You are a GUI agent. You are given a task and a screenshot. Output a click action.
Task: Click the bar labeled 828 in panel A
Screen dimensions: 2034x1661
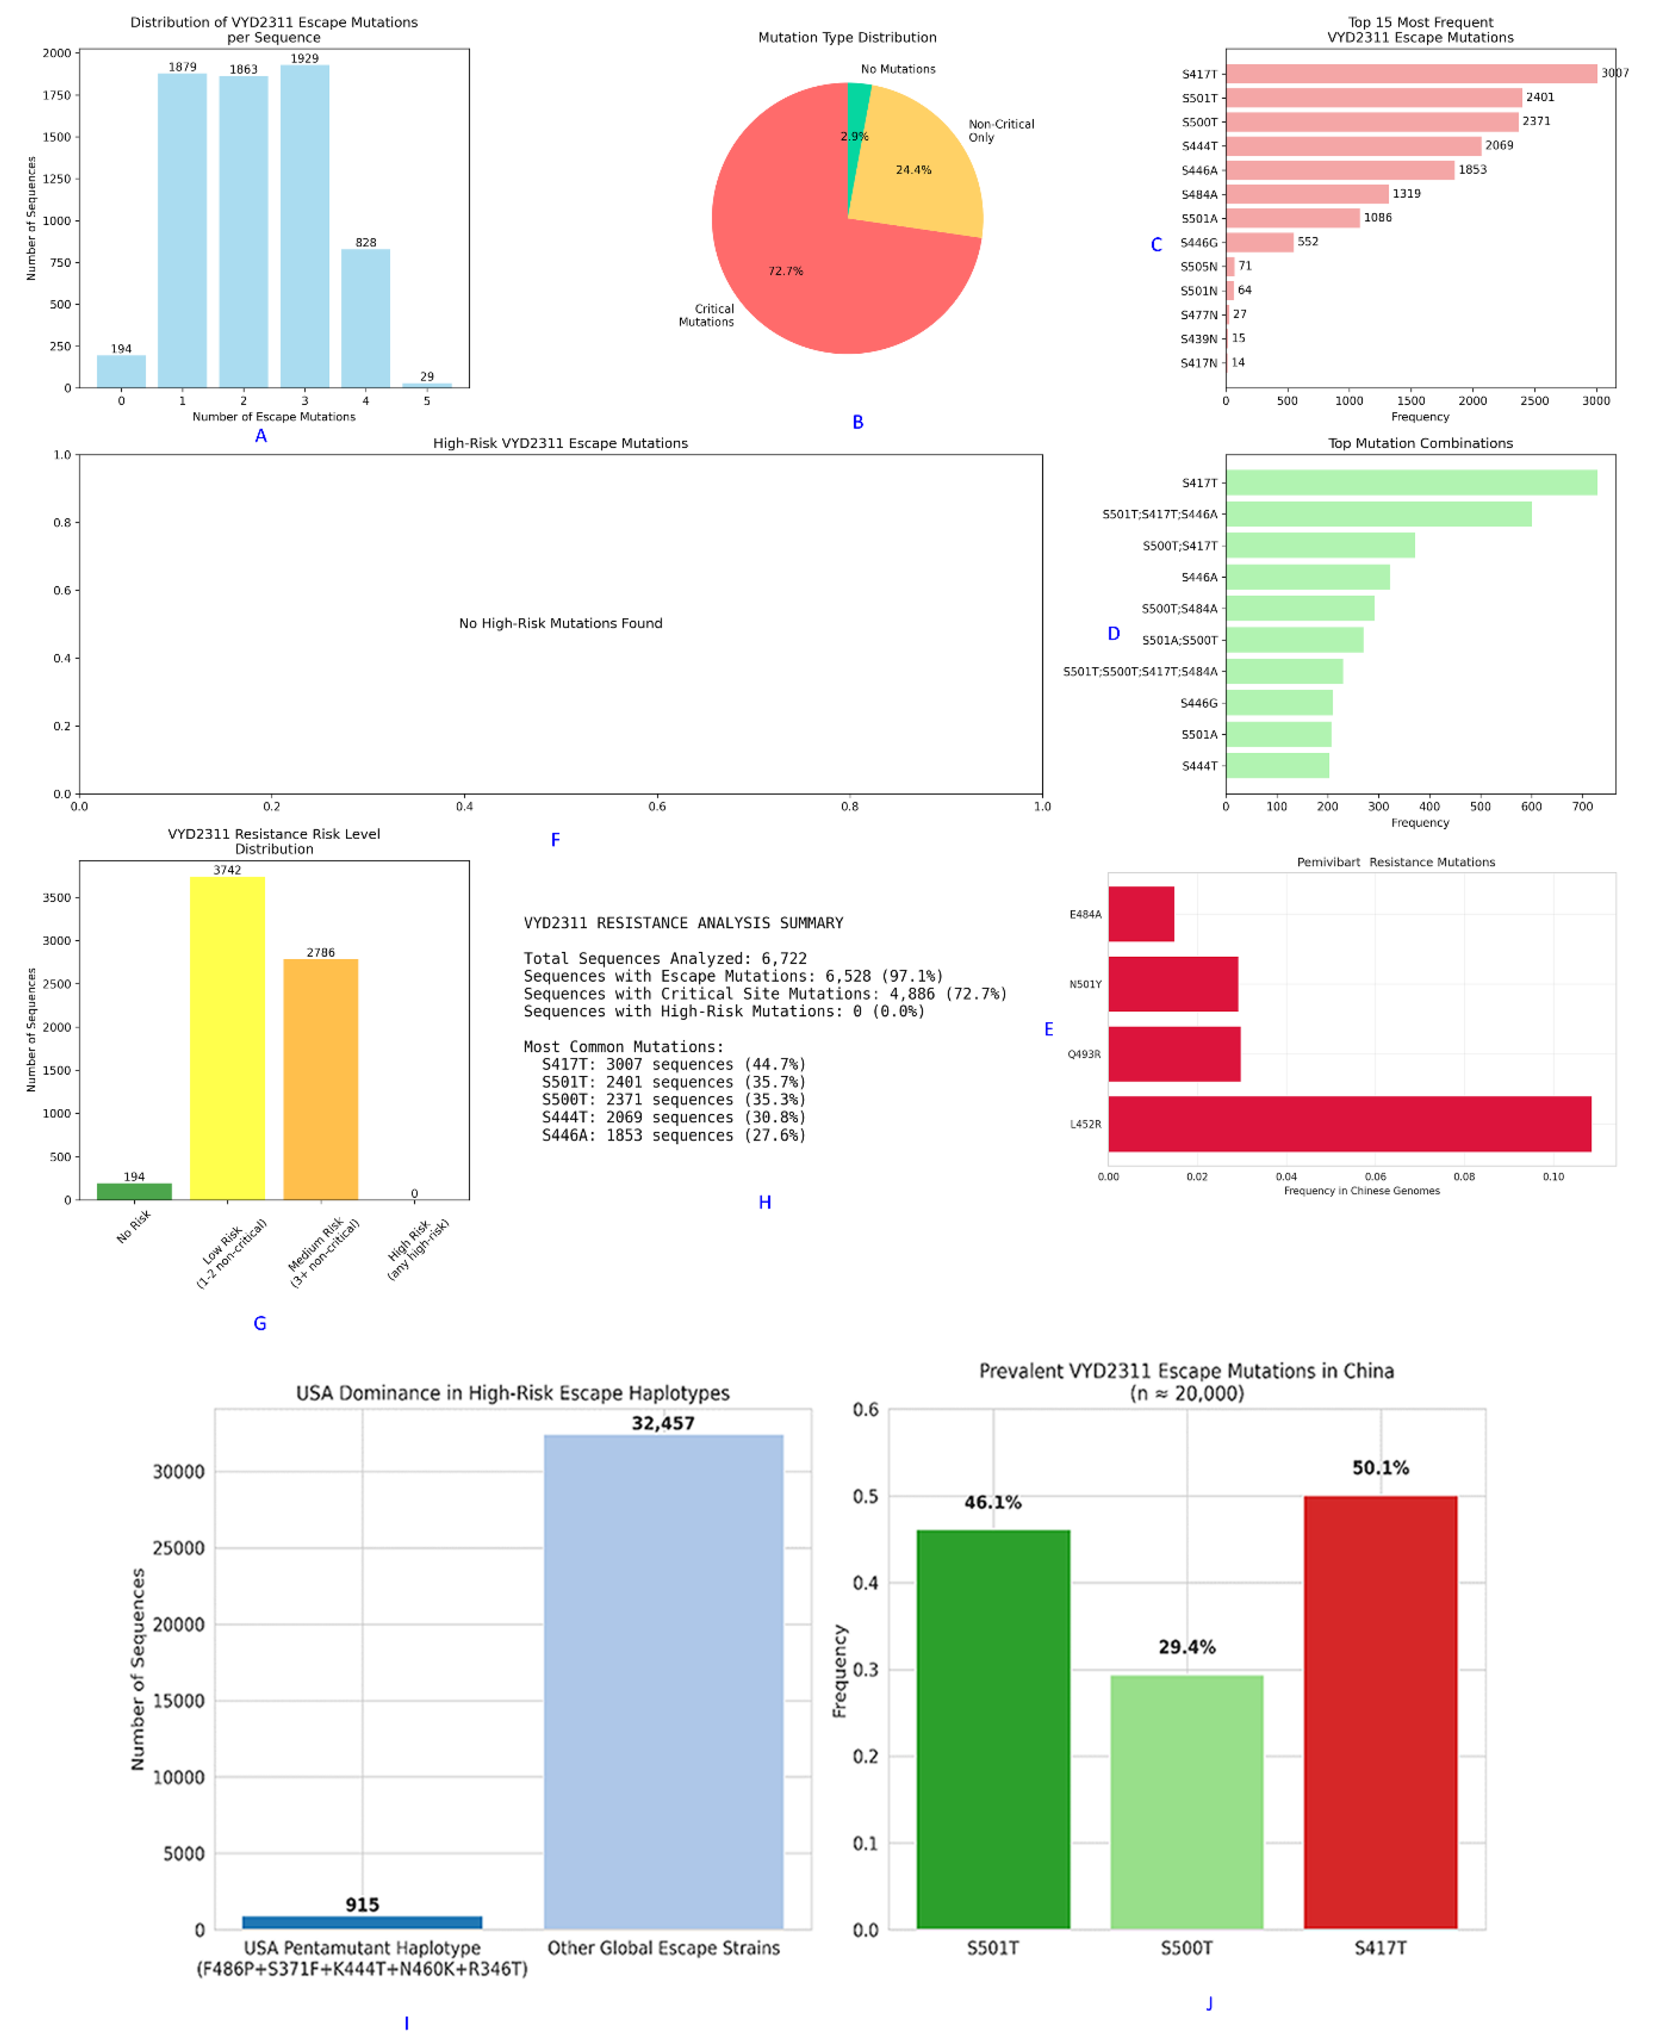(x=366, y=319)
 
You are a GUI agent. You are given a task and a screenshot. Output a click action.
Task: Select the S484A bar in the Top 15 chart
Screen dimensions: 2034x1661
(x=1307, y=194)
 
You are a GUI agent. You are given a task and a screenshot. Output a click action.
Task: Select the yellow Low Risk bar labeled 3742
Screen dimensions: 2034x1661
(x=228, y=1038)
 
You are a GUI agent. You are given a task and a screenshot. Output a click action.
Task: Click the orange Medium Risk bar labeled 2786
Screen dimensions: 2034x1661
(x=320, y=1079)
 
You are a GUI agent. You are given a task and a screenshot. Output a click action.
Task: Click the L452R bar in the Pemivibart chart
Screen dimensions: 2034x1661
(x=1349, y=1124)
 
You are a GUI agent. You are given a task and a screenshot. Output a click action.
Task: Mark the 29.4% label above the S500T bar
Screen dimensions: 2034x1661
(x=1186, y=1647)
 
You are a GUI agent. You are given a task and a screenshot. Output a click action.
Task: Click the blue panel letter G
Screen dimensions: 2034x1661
(x=259, y=1323)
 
